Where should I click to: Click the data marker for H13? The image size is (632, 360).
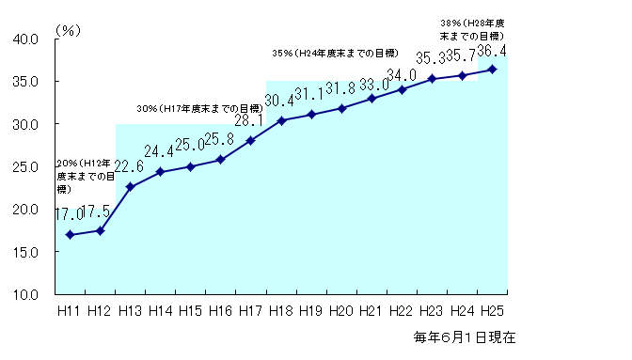point(130,187)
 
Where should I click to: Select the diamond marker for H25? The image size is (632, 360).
point(492,69)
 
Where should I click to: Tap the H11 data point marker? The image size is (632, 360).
point(70,234)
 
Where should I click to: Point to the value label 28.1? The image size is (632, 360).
point(250,120)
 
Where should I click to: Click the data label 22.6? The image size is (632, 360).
point(130,166)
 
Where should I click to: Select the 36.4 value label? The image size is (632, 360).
point(493,50)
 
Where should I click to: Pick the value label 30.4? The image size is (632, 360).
point(280,101)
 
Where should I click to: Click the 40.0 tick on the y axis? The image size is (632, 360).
point(25,39)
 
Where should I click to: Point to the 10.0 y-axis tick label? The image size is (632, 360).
point(25,294)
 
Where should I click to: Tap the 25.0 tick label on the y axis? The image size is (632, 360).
point(25,166)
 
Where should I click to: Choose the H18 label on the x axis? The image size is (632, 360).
point(280,311)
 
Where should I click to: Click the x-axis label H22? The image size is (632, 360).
point(402,311)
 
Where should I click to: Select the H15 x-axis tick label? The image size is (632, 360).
point(190,311)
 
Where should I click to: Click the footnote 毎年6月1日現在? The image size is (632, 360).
point(464,337)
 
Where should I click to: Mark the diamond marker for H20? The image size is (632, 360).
point(341,108)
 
